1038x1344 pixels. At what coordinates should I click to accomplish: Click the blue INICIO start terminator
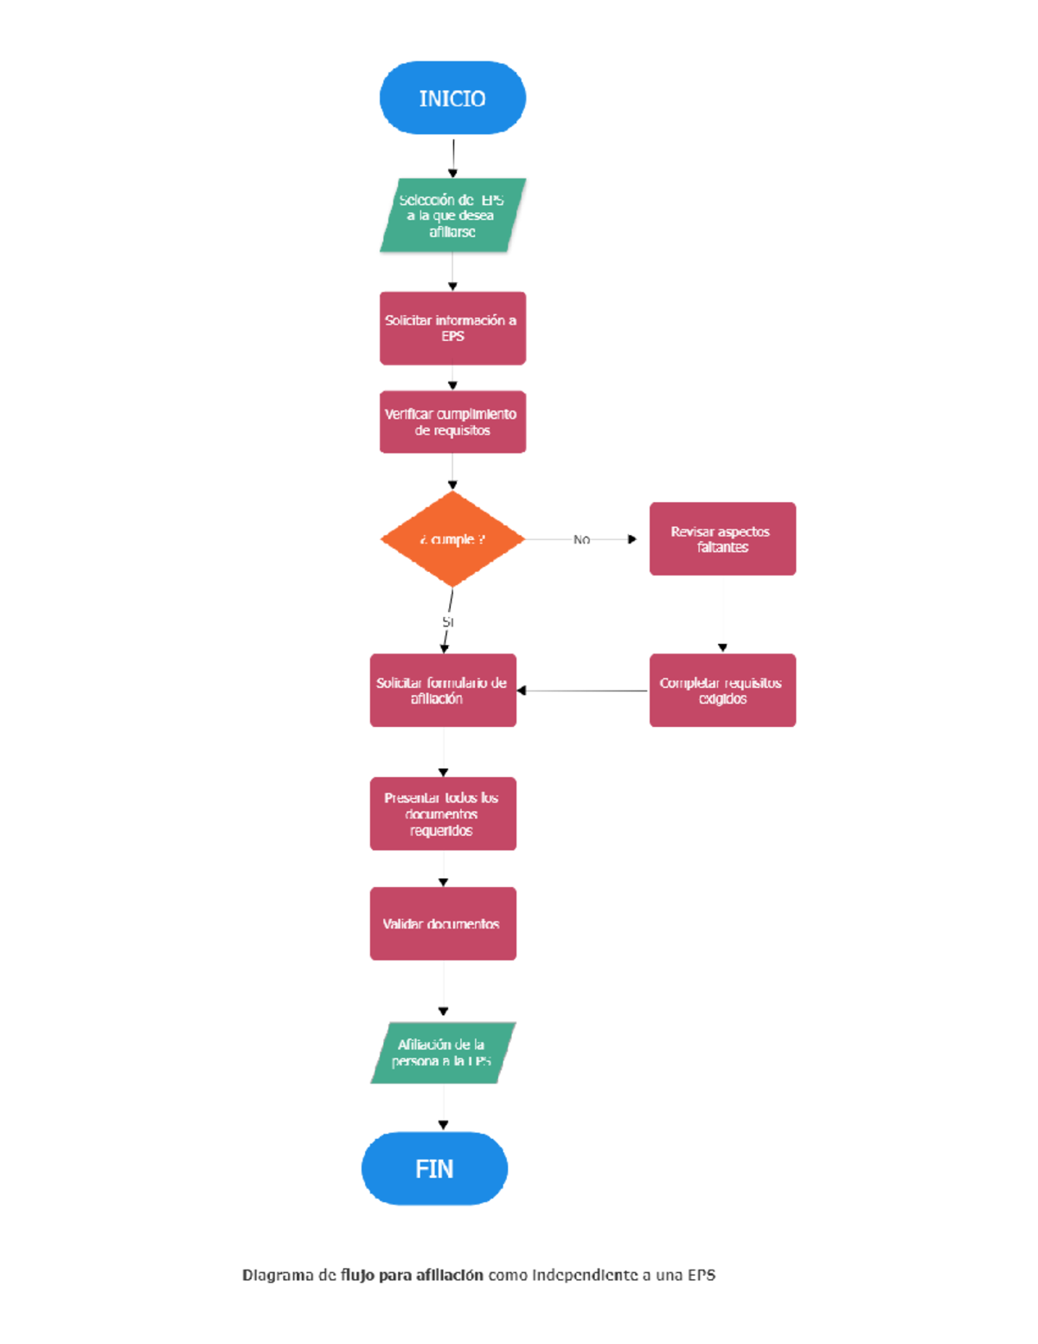click(x=452, y=98)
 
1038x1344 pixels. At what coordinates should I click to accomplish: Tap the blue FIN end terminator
click(x=434, y=1168)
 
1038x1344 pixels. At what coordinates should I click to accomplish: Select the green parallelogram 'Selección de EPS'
click(x=452, y=215)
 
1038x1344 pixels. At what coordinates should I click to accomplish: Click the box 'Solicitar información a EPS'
click(x=452, y=328)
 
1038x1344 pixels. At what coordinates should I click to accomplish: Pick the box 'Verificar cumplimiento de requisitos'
click(x=452, y=422)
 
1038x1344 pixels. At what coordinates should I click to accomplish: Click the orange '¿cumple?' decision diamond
click(x=452, y=539)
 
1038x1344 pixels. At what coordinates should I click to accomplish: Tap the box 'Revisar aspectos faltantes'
click(x=722, y=538)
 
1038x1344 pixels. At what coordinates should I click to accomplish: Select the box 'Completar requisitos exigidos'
click(x=722, y=690)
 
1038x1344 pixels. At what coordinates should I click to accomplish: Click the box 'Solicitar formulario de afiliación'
click(x=443, y=690)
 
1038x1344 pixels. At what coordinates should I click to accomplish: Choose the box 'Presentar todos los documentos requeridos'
click(x=443, y=813)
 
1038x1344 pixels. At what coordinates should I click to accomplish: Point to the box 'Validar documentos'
click(x=443, y=923)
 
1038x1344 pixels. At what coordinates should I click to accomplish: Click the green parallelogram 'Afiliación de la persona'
click(x=443, y=1052)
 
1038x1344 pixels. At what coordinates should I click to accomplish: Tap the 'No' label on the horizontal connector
click(x=581, y=539)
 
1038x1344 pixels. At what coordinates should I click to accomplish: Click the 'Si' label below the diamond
click(x=447, y=621)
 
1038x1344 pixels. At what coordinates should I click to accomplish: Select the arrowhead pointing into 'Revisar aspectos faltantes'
click(x=632, y=539)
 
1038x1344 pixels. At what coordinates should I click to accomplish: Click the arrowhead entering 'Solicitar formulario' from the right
click(x=522, y=691)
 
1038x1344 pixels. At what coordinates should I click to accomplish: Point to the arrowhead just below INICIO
click(x=452, y=173)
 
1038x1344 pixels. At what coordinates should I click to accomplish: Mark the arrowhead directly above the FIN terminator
click(x=443, y=1125)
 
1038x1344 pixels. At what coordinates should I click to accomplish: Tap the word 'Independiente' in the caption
click(x=585, y=1275)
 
